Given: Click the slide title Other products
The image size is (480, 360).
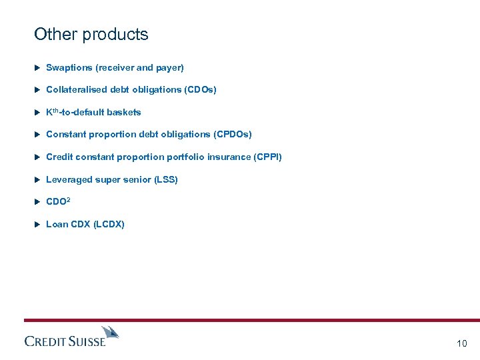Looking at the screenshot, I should click(91, 35).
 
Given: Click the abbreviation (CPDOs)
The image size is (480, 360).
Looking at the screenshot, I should click(233, 135).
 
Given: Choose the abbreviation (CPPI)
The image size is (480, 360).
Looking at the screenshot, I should click(268, 157).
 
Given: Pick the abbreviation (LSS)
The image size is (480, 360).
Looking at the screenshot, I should click(165, 180).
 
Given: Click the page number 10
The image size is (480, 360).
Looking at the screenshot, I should click(462, 343).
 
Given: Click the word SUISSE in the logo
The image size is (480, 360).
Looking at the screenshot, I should click(87, 341).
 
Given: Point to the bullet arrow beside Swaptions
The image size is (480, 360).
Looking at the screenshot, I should click(37, 67).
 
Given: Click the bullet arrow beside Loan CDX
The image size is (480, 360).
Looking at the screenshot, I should click(37, 225).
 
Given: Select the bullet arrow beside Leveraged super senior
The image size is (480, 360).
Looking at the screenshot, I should click(37, 180).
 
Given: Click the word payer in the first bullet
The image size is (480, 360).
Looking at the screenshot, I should click(169, 67).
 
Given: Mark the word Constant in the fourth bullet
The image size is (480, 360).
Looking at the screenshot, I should click(65, 135).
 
